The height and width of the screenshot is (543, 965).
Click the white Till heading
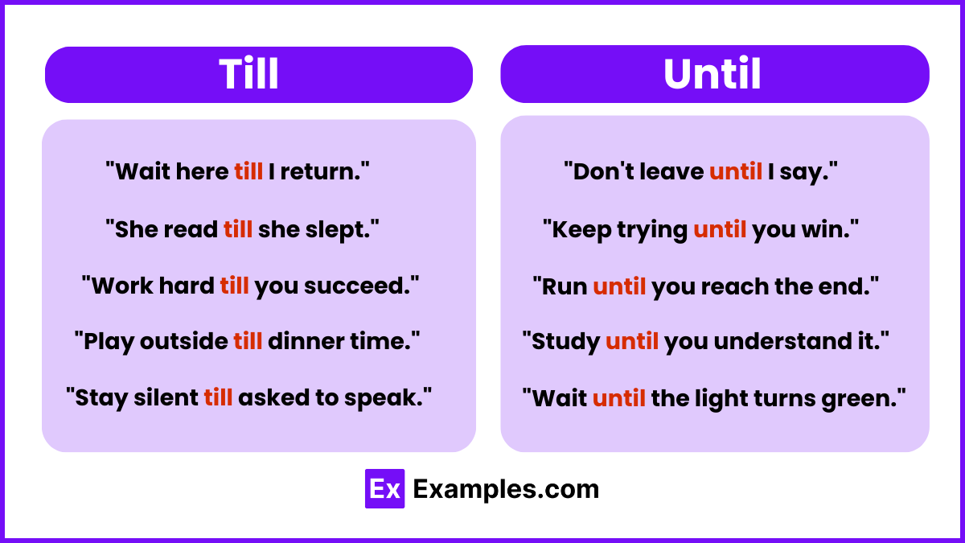click(248, 74)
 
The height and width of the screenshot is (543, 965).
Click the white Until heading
click(712, 74)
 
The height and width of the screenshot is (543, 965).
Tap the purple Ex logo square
click(384, 488)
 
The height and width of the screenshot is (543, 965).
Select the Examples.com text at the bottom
click(506, 489)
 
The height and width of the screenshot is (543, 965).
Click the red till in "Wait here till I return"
click(248, 171)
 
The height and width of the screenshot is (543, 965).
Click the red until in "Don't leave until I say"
click(736, 171)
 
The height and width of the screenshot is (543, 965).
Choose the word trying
click(652, 229)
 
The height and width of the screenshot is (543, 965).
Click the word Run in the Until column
click(565, 286)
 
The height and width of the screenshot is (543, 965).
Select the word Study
click(566, 341)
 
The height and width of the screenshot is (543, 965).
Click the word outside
click(184, 341)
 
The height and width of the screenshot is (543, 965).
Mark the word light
click(723, 397)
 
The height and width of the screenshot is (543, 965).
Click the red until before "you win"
click(720, 229)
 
